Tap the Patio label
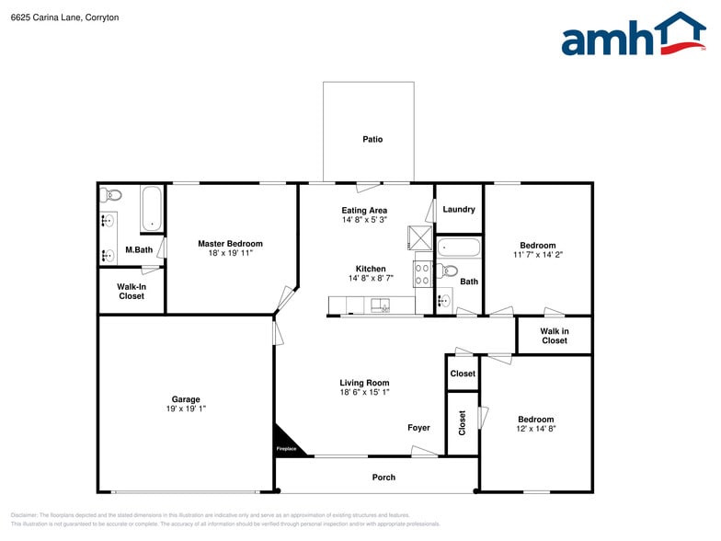tap(372, 140)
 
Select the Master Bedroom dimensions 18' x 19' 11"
tap(230, 254)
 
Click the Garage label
tap(186, 399)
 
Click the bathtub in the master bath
tap(153, 210)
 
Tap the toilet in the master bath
tap(111, 194)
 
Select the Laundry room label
tap(458, 210)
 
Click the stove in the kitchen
tap(422, 273)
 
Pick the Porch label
tap(383, 478)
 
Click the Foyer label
tap(418, 428)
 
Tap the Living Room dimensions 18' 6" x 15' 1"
tap(364, 393)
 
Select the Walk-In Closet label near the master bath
tap(132, 292)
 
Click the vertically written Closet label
tap(462, 423)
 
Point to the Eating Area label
tap(364, 211)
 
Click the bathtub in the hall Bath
tap(458, 247)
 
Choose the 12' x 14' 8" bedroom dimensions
tap(536, 429)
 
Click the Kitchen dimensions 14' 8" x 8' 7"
tap(371, 278)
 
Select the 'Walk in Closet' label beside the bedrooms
tap(554, 336)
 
